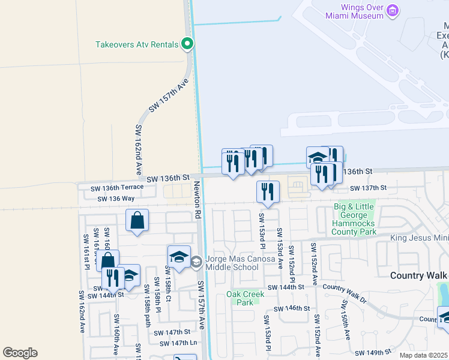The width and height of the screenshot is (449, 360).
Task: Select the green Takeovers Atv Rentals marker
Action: [x=187, y=43]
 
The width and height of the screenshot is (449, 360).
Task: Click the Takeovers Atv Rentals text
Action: [x=137, y=44]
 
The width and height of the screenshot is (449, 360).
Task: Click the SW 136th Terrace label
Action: [x=116, y=188]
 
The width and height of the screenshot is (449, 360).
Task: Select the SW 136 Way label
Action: [x=116, y=199]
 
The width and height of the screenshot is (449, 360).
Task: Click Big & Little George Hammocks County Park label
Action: [x=355, y=220]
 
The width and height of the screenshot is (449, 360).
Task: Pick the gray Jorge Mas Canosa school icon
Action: [x=196, y=262]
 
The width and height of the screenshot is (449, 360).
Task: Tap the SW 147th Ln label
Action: [x=178, y=343]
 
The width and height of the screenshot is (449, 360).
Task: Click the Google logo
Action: [x=20, y=353]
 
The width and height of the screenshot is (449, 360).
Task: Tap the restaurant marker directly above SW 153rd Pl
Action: [x=268, y=191]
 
